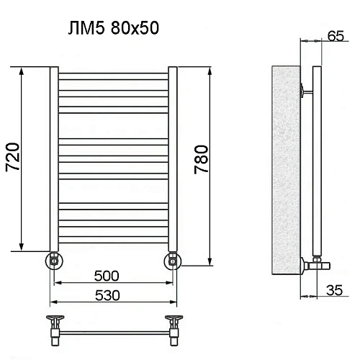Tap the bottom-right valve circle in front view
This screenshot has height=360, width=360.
point(172,258)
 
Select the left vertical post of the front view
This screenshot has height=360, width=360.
point(53,158)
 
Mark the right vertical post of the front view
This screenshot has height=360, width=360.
point(172,158)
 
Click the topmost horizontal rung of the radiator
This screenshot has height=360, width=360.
point(112,74)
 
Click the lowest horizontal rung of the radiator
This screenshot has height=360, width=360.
point(112,243)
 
